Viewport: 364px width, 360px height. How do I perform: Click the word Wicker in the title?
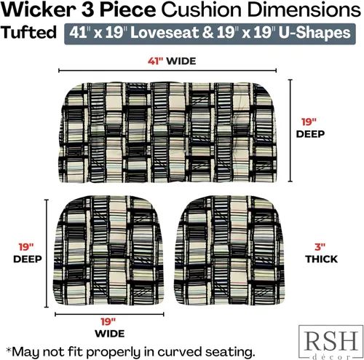38,10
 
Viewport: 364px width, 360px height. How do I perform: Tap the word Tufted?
28,32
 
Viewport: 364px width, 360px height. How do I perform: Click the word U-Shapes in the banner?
314,33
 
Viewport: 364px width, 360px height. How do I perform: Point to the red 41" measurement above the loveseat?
155,61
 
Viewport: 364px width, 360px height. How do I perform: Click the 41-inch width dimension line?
167,71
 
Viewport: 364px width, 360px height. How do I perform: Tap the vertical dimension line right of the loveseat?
290,130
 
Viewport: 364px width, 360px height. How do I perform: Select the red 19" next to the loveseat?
309,122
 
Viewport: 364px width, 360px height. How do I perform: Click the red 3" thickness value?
320,247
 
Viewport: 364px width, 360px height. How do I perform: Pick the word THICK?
321,259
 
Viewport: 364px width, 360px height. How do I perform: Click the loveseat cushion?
168,133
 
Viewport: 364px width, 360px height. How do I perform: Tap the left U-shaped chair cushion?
108,250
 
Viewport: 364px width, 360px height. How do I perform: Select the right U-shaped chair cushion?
229,250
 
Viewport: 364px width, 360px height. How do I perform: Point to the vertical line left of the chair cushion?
47,254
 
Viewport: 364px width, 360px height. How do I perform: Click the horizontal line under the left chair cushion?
109,314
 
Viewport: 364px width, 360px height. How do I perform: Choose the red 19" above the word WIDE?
108,322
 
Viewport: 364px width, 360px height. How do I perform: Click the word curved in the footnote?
180,352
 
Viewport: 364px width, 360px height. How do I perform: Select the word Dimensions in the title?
304,10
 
